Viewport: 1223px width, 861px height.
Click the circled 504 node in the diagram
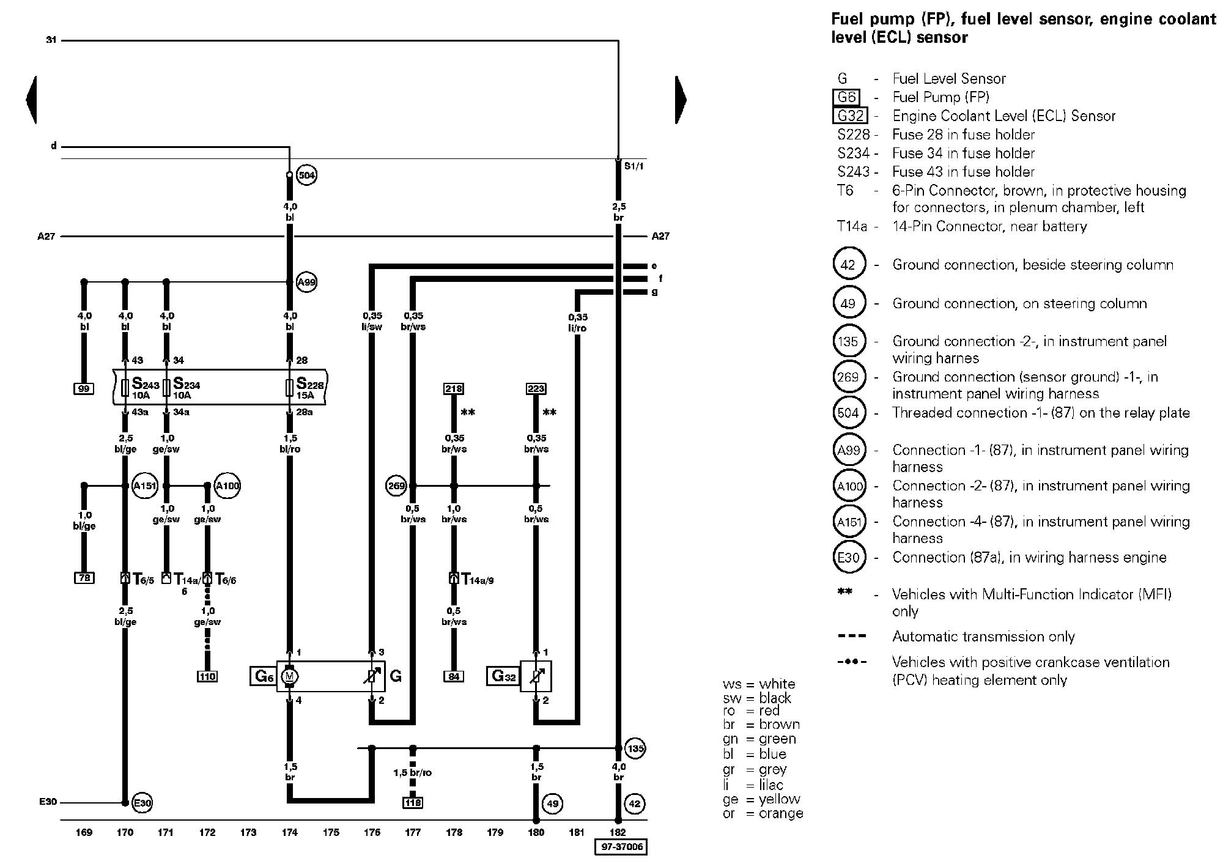point(306,176)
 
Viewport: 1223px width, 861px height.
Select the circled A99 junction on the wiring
point(306,282)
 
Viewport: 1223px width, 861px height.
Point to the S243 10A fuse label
point(145,387)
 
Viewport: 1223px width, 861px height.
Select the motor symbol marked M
point(289,676)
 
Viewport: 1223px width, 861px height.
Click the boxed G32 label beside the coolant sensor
point(503,676)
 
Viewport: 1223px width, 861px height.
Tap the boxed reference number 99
point(84,388)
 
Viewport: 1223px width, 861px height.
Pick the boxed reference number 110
point(207,676)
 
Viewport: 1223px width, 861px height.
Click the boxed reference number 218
point(453,388)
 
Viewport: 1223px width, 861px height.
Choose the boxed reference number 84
point(453,676)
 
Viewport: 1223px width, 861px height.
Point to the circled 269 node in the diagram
point(396,486)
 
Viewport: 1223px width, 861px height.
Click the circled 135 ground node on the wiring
point(635,748)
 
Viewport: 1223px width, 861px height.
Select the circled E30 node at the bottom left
point(141,802)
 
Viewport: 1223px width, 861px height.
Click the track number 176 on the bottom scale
point(372,832)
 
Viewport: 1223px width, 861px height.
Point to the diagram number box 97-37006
point(621,847)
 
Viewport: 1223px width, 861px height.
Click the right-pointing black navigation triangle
point(681,100)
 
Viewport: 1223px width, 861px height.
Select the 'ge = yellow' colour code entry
point(761,799)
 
